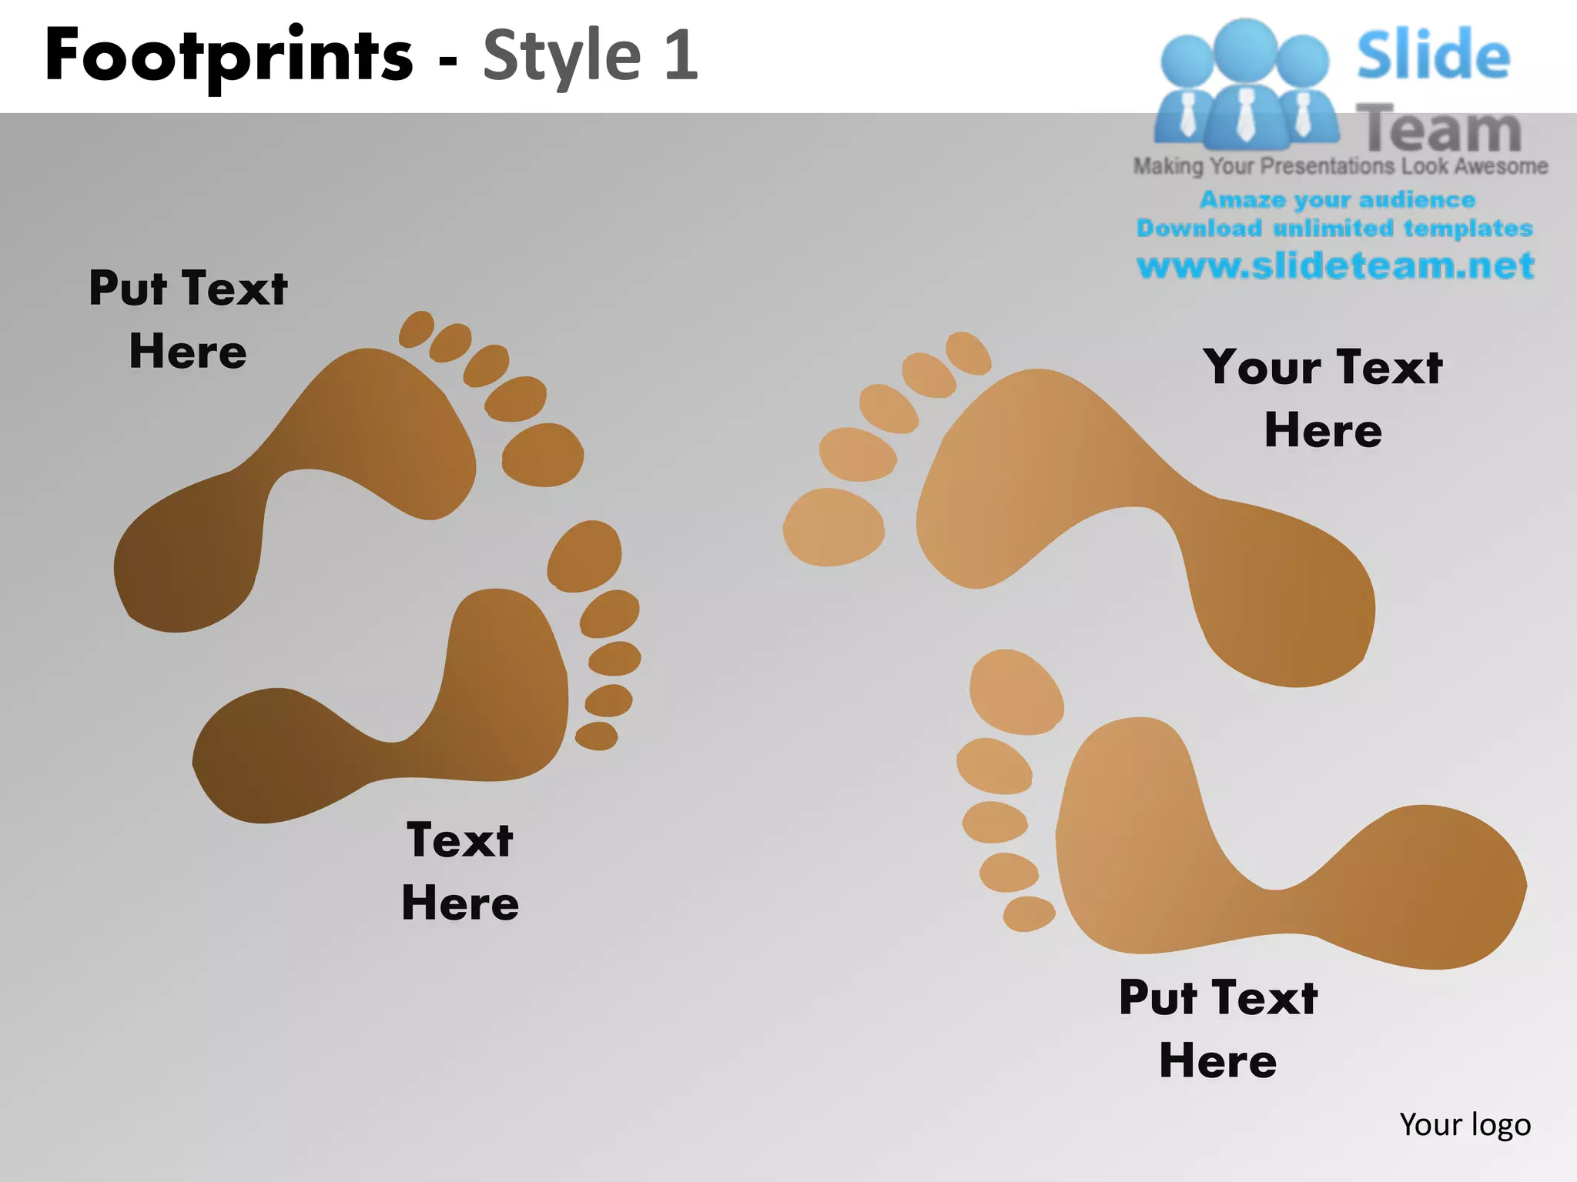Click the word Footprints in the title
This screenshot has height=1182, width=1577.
point(229,56)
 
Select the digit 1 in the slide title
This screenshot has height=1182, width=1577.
point(681,55)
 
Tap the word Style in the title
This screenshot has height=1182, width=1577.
point(562,55)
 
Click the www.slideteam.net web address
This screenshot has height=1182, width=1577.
point(1335,265)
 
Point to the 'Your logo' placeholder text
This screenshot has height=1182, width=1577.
point(1465,1124)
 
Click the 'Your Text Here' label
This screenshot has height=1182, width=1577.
point(1323,398)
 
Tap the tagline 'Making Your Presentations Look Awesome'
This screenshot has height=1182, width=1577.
point(1340,166)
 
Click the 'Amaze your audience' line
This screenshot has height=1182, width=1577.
point(1338,200)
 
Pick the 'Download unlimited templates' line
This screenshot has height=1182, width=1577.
point(1334,229)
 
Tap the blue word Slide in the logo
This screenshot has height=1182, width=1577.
point(1433,55)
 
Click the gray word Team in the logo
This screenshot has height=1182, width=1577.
point(1438,129)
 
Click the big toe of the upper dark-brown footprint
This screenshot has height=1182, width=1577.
point(543,454)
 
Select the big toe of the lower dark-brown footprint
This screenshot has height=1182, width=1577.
point(584,556)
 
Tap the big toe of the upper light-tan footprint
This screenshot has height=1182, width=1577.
point(834,527)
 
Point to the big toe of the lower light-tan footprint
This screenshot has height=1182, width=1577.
point(1016,691)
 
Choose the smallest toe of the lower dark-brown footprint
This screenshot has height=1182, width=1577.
point(597,736)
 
